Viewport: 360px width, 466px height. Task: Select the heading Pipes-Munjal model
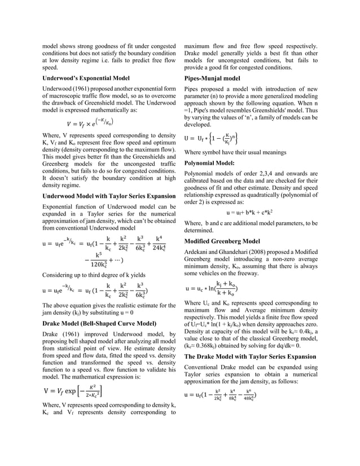click(212, 77)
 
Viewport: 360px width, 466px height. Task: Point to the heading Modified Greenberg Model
click(222, 241)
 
